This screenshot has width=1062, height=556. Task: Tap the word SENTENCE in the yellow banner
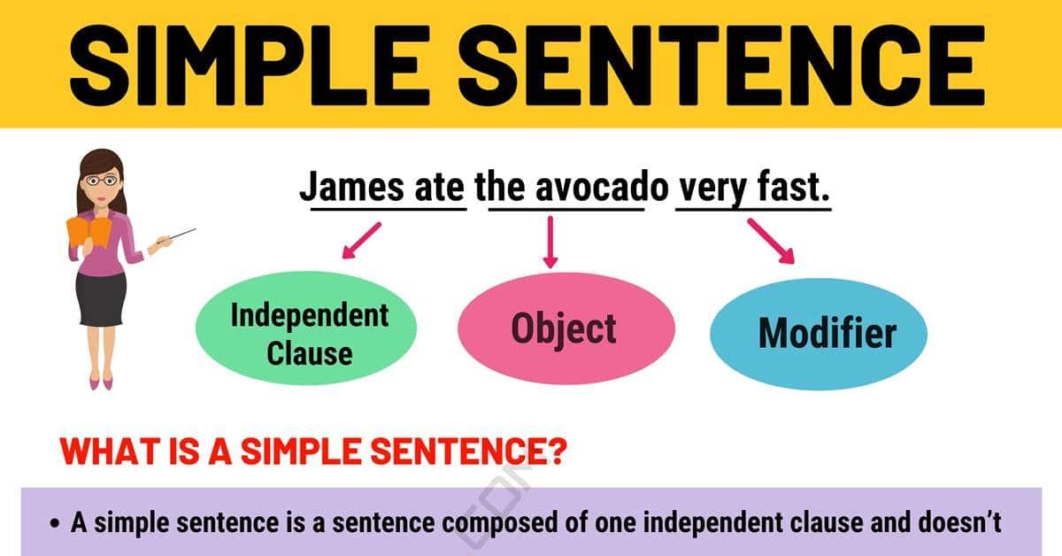(722, 65)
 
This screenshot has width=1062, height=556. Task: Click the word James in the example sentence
(352, 188)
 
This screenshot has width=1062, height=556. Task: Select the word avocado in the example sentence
(602, 188)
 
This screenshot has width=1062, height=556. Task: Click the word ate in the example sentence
(440, 188)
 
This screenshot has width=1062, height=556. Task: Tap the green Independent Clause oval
(306, 328)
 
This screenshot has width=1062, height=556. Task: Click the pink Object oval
(566, 328)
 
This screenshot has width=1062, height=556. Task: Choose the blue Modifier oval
(819, 334)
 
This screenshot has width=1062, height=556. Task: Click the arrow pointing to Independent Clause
(361, 241)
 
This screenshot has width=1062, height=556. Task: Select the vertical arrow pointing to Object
(550, 242)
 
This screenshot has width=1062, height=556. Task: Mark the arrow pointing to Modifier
(771, 241)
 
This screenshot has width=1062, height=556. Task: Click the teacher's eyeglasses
(101, 181)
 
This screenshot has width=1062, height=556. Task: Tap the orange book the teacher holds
(89, 232)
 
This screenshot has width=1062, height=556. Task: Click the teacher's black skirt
(101, 299)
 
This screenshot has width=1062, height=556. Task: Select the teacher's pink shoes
(101, 382)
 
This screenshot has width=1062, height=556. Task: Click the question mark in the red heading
(556, 451)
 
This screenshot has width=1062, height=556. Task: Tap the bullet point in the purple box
(55, 524)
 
